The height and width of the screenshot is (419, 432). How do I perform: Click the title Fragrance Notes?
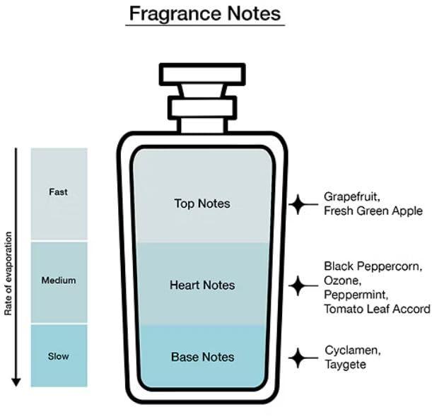[205, 13]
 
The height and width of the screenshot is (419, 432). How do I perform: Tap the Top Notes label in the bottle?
[202, 203]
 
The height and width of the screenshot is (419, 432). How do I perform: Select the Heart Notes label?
[202, 285]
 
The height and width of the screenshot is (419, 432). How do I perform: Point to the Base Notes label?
[202, 357]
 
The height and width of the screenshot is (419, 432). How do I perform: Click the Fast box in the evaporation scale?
[59, 192]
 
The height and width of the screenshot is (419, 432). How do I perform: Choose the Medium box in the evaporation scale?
[59, 281]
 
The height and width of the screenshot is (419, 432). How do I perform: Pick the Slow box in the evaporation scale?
[59, 355]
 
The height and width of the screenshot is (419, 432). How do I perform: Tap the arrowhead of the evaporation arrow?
[16, 382]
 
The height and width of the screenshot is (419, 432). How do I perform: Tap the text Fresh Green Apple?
[373, 211]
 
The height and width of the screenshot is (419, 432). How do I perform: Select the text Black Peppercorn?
[373, 266]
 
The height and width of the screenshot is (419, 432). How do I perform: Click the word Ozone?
[341, 281]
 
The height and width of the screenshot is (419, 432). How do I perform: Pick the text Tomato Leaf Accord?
[377, 309]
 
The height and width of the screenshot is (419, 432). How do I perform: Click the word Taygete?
[346, 365]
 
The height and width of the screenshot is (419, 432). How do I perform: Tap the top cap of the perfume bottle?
[202, 73]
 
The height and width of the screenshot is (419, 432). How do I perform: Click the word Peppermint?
[354, 295]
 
